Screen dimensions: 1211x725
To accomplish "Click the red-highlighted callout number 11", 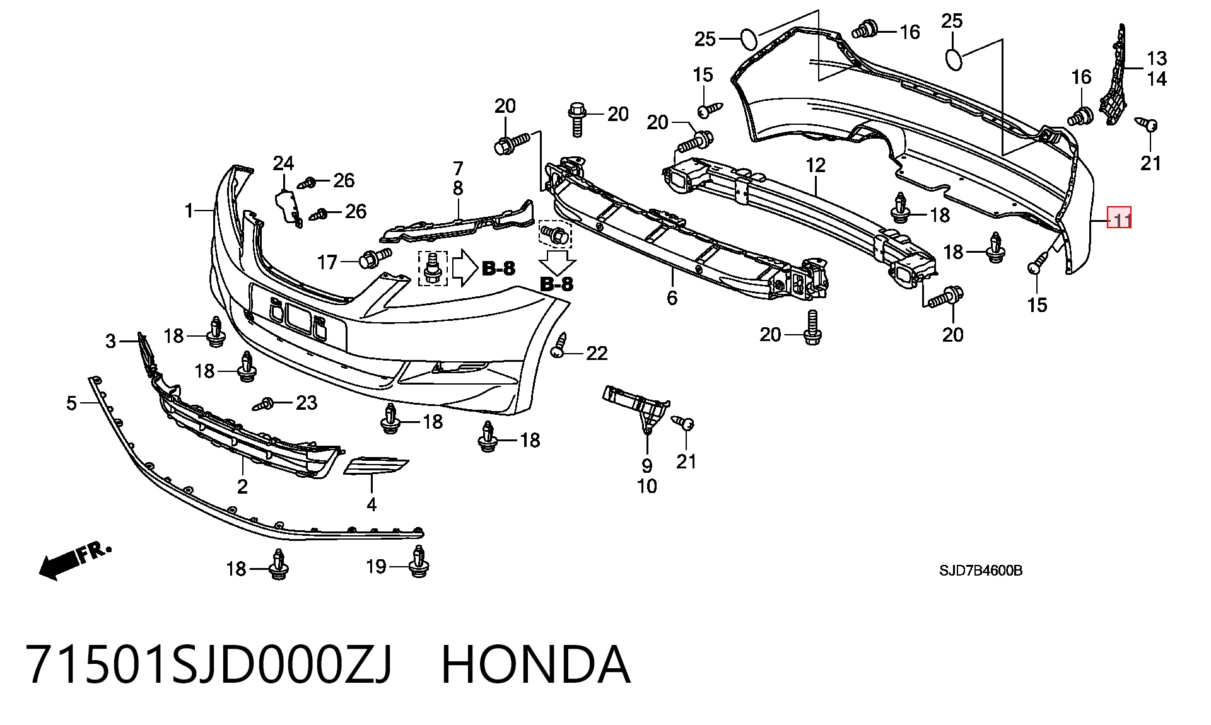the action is click(1121, 219).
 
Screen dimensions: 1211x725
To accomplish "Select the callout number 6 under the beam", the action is click(672, 297).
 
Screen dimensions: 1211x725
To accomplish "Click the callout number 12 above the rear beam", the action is click(816, 165).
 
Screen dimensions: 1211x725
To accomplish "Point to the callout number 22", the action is click(597, 354).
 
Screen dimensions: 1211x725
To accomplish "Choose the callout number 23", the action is click(307, 402).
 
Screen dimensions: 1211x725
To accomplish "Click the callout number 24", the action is click(283, 163).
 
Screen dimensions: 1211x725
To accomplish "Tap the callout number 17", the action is click(327, 262).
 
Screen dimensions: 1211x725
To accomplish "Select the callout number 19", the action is click(376, 566).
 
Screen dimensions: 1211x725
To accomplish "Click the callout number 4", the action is click(371, 504).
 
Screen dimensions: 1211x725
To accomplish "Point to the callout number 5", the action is click(71, 403).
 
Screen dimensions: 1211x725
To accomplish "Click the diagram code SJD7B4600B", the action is click(981, 571).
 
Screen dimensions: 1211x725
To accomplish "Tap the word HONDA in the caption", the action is click(535, 664).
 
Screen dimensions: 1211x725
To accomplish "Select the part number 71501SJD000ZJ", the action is click(209, 665).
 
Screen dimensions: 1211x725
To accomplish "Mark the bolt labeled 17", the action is click(375, 258).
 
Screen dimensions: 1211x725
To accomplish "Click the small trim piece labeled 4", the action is click(375, 467).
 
